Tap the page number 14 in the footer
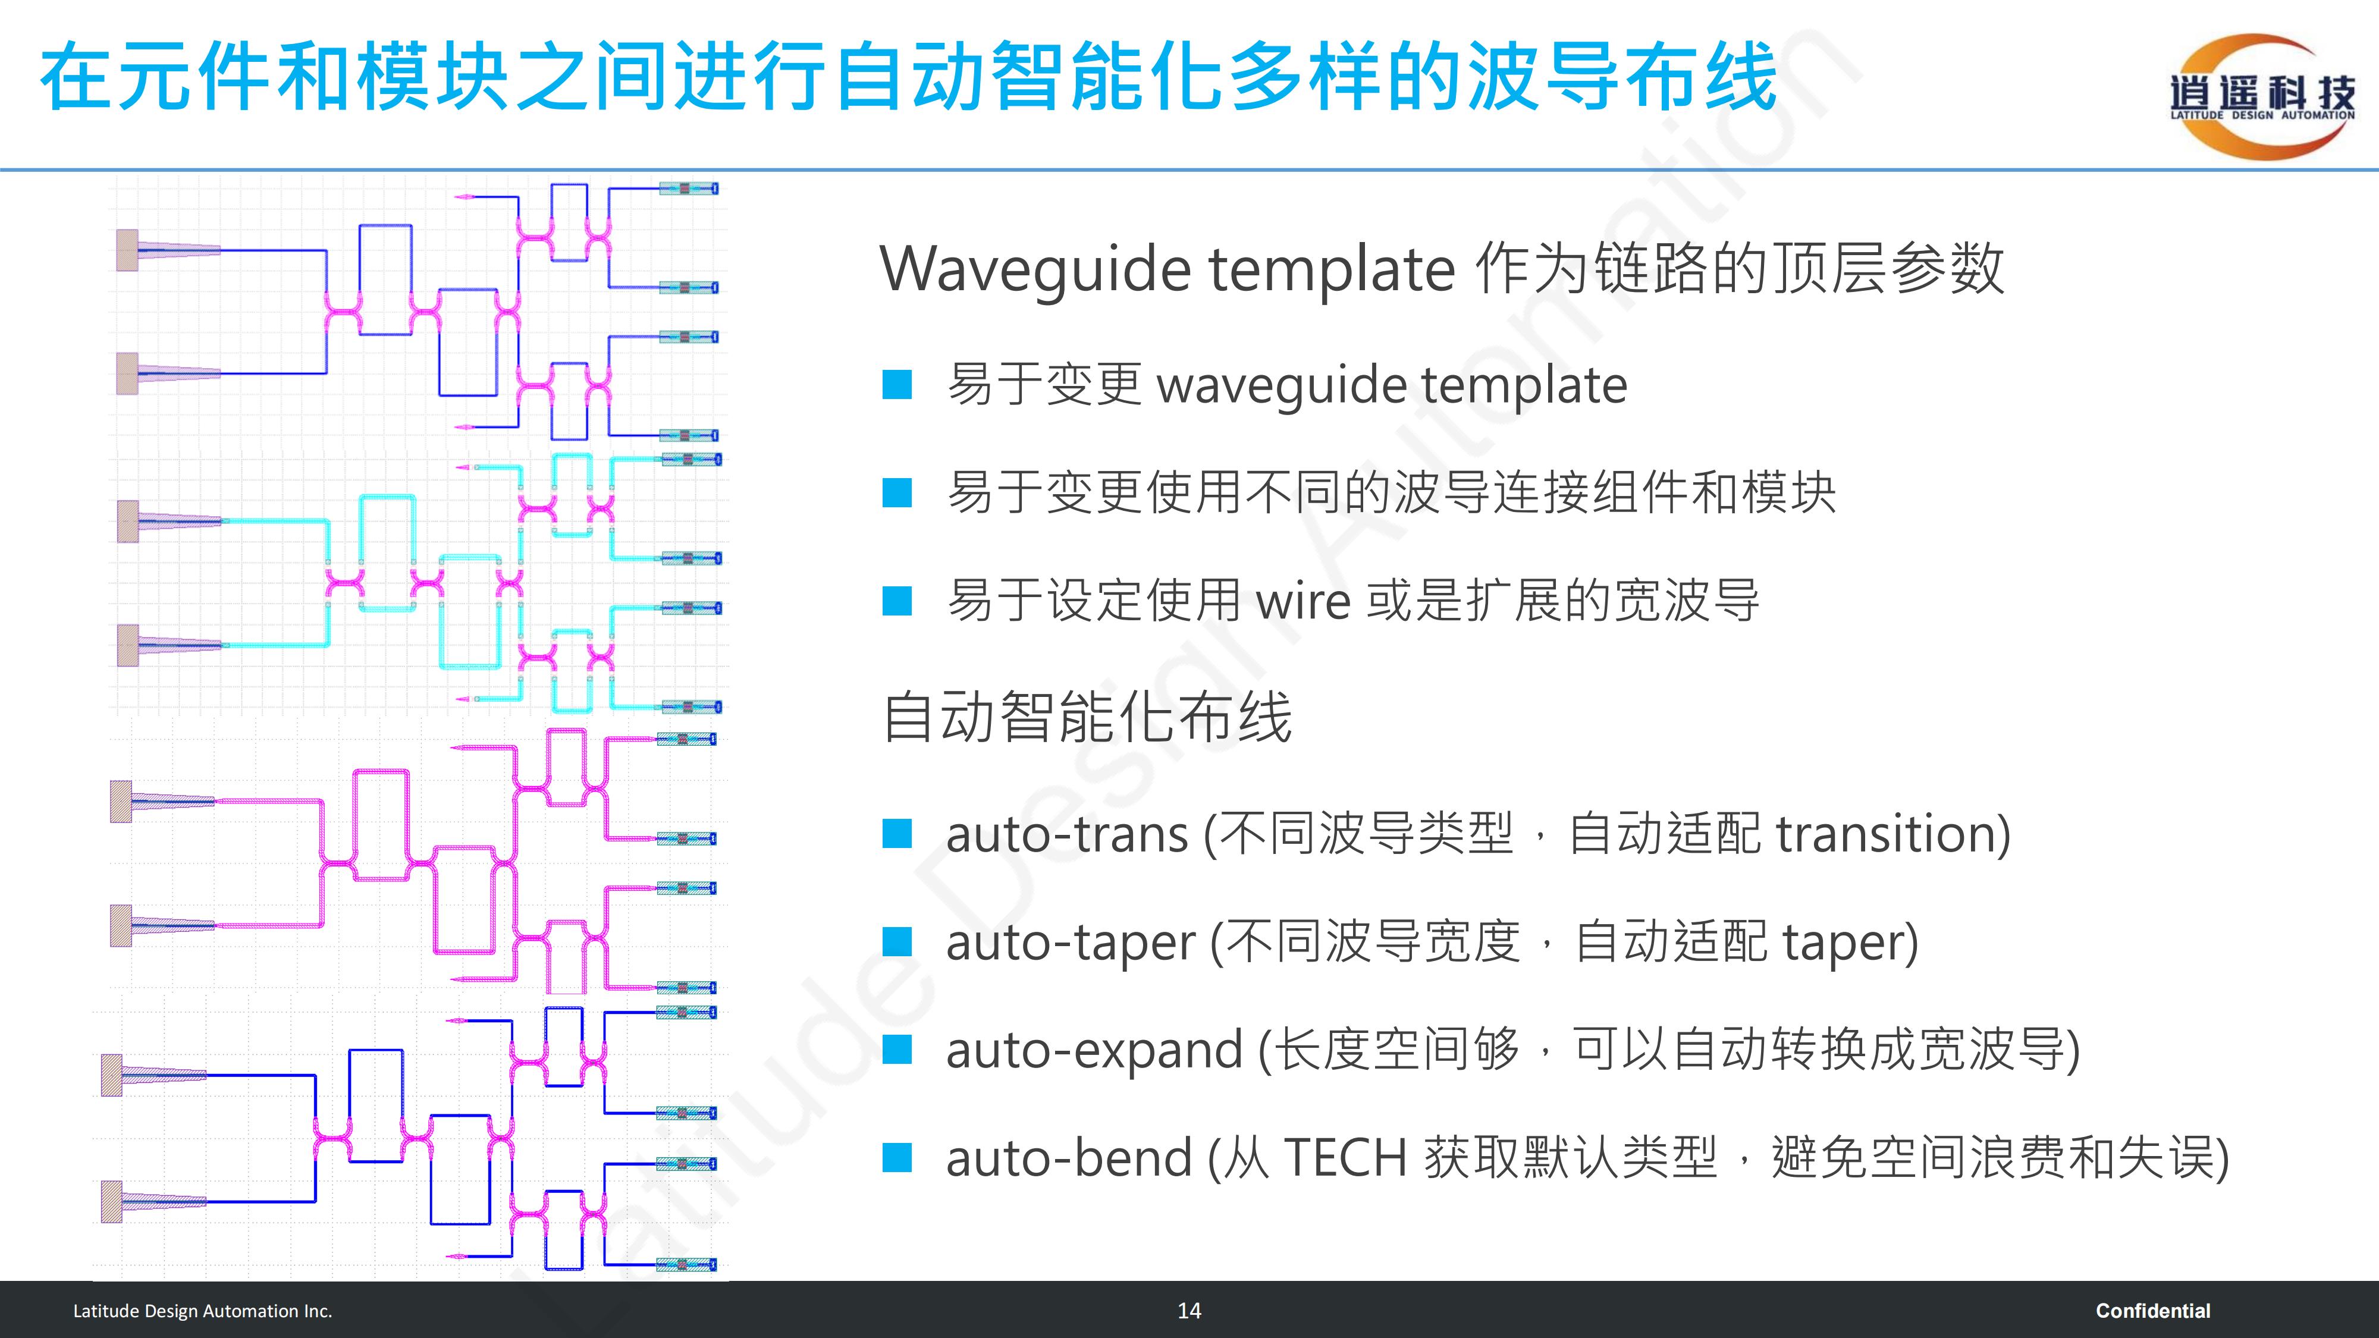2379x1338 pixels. tap(1189, 1310)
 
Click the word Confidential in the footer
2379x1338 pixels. tap(2153, 1310)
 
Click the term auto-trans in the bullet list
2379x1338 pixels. tap(1066, 835)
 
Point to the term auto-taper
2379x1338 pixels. tap(1071, 943)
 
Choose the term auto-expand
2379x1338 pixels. tap(1094, 1051)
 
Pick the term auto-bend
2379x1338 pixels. tap(1069, 1158)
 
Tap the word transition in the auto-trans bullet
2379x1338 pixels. tap(1884, 835)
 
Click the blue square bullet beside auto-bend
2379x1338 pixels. tap(897, 1158)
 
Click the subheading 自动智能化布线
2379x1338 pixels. tap(1087, 718)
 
